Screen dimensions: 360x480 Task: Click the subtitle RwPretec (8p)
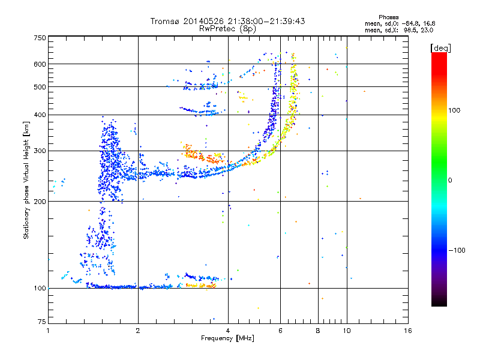click(228, 28)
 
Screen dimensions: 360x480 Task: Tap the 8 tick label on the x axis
click(318, 331)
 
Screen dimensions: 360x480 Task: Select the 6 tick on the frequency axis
click(281, 331)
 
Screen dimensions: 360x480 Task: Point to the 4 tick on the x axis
click(228, 331)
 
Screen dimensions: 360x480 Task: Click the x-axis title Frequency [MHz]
click(227, 339)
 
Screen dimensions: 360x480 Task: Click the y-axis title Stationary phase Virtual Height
click(26, 180)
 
